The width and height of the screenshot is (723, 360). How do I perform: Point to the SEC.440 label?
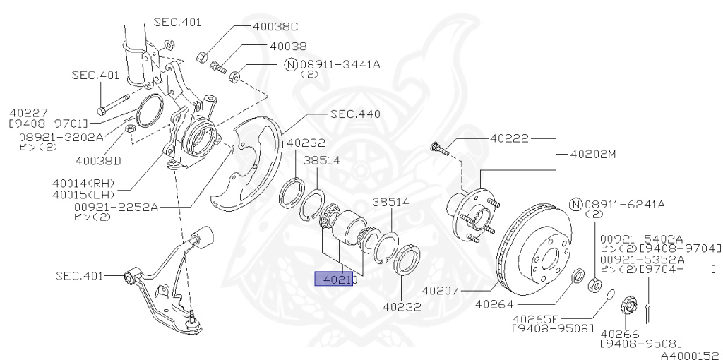tap(355, 114)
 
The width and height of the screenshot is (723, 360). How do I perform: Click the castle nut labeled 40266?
tap(626, 306)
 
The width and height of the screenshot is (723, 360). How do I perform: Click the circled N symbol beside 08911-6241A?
tap(575, 205)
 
